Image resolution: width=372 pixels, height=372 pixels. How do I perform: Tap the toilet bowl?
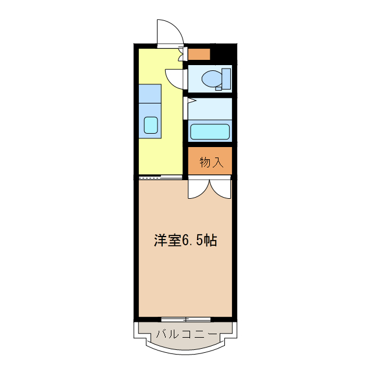coord(212,77)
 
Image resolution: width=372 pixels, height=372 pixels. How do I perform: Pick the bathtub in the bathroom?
coord(210,131)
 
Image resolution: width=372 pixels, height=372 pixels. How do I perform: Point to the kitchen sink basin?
coord(151,125)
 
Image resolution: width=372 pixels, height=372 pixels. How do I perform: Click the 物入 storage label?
coord(211,162)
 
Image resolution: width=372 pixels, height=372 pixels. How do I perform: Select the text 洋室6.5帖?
coord(185,241)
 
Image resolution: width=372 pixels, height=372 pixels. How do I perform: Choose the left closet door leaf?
coord(196,188)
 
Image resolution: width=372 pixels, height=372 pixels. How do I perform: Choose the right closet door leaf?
coord(221,188)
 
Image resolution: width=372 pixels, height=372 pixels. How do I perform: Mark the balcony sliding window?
coord(186,319)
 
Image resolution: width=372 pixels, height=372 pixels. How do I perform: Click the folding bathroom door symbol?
coord(186,108)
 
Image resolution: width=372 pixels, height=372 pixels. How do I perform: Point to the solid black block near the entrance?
coord(224,53)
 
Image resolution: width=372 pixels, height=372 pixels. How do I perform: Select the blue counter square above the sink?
coord(149,94)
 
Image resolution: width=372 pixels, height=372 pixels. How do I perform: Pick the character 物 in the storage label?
coord(205,162)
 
